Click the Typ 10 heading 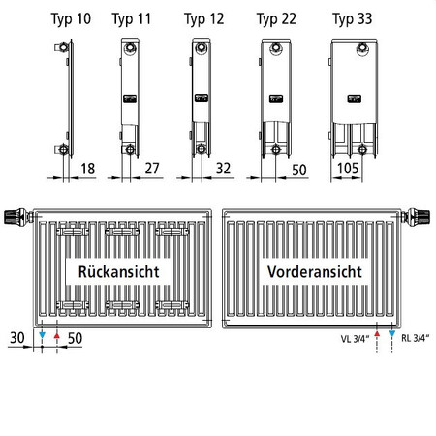point(71,19)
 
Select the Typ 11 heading point(132,19)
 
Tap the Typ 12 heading point(204,19)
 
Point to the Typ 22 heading point(276,19)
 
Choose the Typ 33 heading point(353,19)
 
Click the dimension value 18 point(88,169)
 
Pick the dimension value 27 point(152,169)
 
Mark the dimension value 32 point(223,169)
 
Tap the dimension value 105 point(348,169)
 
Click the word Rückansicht point(118,272)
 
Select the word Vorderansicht point(315,272)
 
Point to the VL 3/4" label point(355,339)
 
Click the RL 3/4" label point(416,338)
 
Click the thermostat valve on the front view point(416,216)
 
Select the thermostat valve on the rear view point(18,216)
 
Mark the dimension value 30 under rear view point(17,338)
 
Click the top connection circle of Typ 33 point(363,48)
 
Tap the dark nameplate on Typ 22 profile point(276,99)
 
